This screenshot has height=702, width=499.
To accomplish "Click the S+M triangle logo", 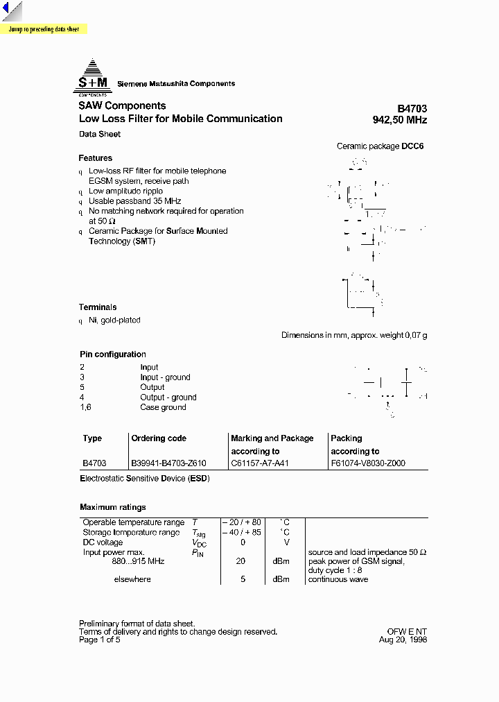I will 92,77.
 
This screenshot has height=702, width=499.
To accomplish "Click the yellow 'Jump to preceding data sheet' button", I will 44,30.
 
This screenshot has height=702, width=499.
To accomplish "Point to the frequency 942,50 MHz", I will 400,120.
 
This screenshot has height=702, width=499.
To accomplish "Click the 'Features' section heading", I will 96,158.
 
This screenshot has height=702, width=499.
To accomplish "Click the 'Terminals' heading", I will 98,307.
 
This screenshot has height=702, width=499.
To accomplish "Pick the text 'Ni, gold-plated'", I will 114,320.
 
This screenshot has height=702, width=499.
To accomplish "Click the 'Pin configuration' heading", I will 113,354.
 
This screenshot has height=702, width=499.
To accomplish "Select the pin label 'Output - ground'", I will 168,397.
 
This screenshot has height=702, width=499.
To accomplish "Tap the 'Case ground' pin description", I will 163,407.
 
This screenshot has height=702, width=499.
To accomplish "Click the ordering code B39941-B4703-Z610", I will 169,463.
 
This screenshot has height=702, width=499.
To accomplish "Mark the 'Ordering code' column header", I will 159,438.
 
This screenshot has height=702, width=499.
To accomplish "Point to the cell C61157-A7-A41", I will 260,463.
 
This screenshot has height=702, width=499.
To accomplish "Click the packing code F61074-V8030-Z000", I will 368,463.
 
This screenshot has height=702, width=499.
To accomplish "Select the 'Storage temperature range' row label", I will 131,533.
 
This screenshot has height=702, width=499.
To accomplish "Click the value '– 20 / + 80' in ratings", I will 242,522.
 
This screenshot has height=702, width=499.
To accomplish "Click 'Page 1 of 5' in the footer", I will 100,640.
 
